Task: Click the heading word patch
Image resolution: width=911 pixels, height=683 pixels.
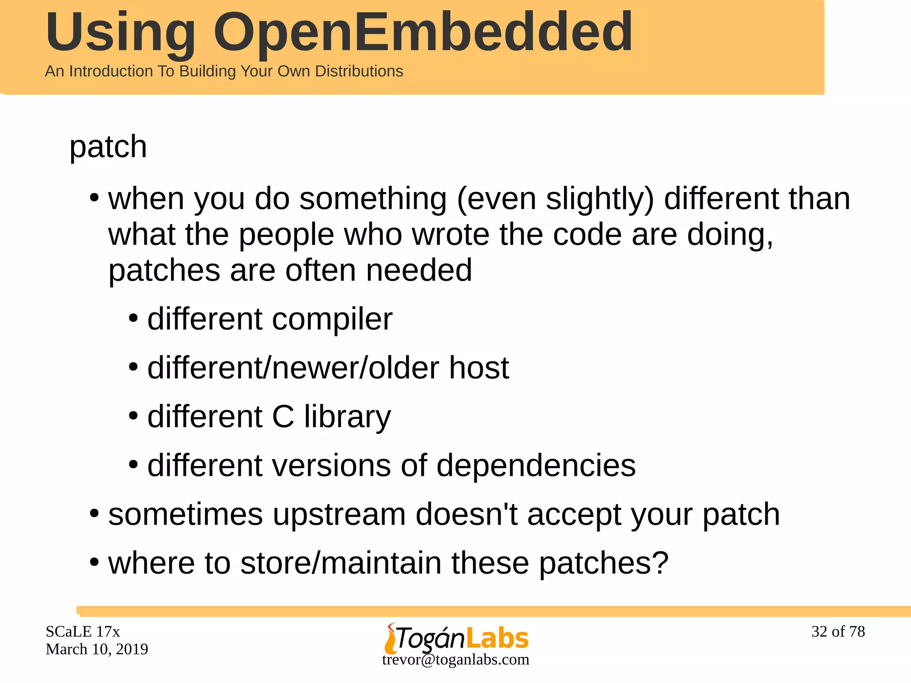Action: pos(108,147)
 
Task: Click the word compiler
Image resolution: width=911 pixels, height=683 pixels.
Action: pos(332,319)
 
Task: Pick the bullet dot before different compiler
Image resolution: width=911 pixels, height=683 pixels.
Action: pos(133,319)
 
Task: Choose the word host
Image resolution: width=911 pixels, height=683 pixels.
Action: pos(479,368)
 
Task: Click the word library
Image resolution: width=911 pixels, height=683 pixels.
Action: pos(347,417)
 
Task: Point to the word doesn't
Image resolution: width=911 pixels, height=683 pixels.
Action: pos(466,514)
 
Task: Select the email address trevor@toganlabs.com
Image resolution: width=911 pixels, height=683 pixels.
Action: pos(455,659)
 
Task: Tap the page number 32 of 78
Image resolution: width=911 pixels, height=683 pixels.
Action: pos(838,631)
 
